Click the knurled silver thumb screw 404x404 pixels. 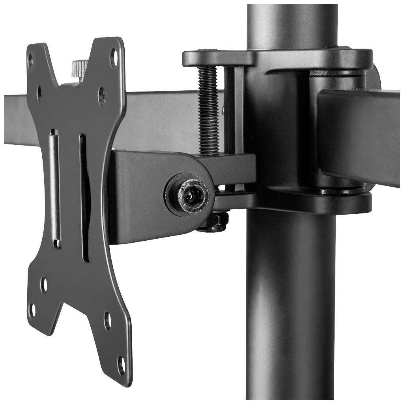pos(80,68)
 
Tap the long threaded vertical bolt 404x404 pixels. pos(208,110)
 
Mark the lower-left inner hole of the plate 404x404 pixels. pos(44,285)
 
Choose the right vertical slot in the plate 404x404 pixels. pos(84,197)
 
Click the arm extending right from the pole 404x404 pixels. pos(359,134)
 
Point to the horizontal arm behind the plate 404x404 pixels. pos(158,118)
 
